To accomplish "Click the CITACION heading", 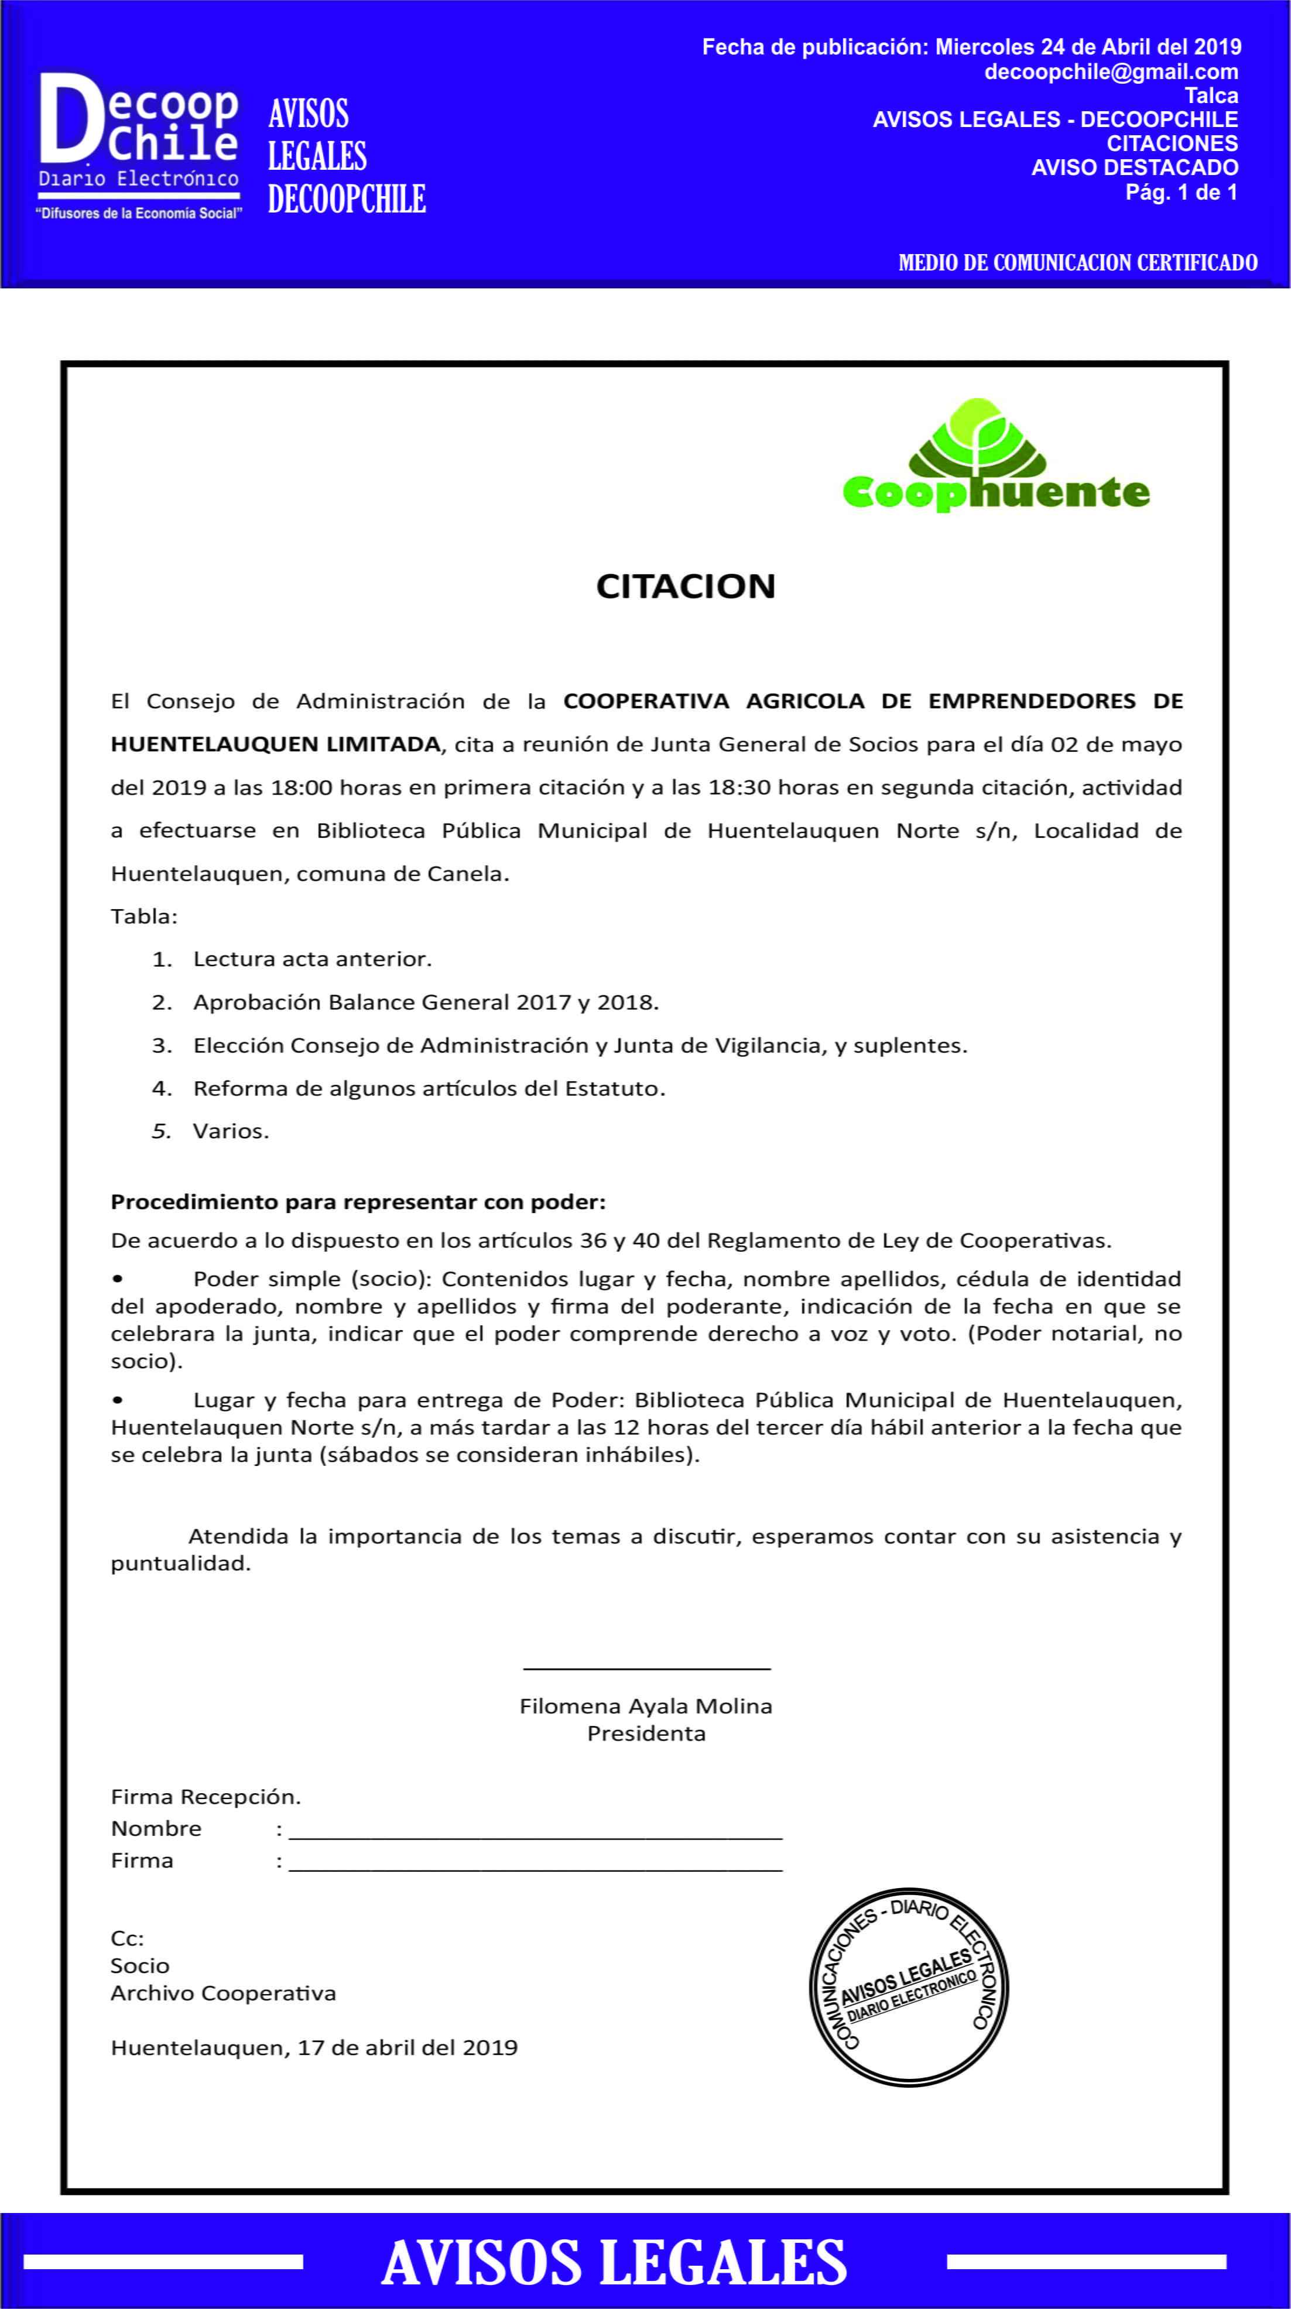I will [686, 586].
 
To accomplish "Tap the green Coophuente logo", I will [995, 457].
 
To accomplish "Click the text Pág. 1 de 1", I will [1181, 192].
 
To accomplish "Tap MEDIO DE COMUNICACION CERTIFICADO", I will [1078, 263].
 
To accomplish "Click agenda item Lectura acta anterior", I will [312, 959].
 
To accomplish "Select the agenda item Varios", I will [231, 1131].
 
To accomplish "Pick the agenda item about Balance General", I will [426, 1002].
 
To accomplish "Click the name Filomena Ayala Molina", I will [645, 1706].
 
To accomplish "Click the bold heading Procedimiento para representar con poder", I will [358, 1202].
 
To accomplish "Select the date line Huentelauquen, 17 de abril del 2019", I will [314, 2047].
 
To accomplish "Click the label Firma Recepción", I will [206, 1796].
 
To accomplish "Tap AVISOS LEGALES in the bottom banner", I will [614, 2262].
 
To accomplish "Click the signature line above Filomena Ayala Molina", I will [646, 1668].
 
